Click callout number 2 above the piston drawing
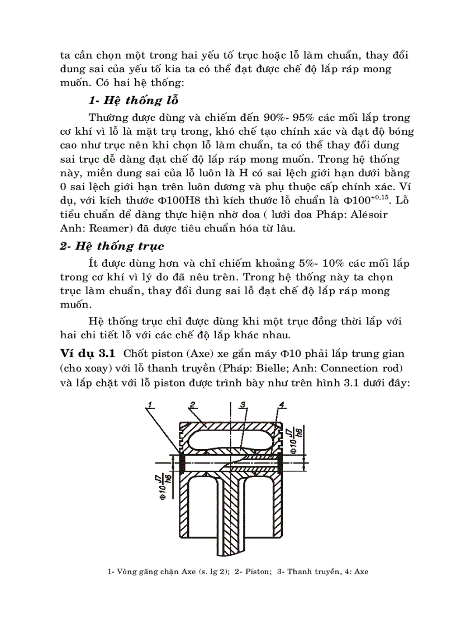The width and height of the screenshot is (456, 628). (x=192, y=404)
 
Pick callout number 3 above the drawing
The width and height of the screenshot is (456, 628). (x=243, y=404)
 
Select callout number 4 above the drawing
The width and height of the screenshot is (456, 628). (x=281, y=404)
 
